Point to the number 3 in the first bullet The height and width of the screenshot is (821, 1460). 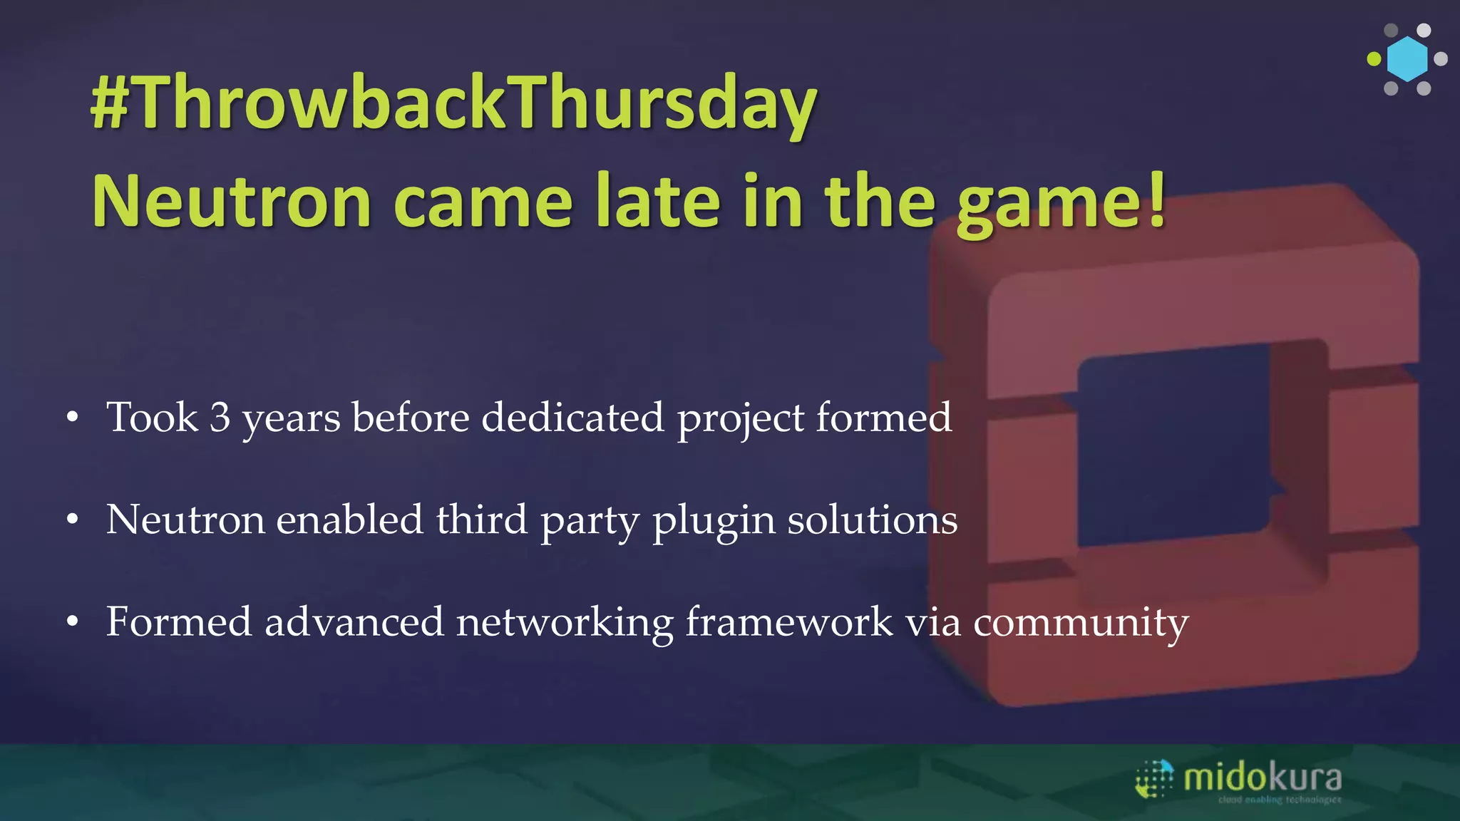coord(220,418)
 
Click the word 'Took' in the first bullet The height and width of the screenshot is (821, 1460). coord(152,418)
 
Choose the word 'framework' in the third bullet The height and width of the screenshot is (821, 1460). coord(789,621)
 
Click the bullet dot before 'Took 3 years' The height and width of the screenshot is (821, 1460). coord(72,419)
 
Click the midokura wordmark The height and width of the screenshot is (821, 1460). coord(1263,778)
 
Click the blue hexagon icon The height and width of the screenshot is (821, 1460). coord(1407,59)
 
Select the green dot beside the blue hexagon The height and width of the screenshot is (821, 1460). coord(1374,59)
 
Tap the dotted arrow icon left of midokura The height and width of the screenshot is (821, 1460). coord(1154,779)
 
